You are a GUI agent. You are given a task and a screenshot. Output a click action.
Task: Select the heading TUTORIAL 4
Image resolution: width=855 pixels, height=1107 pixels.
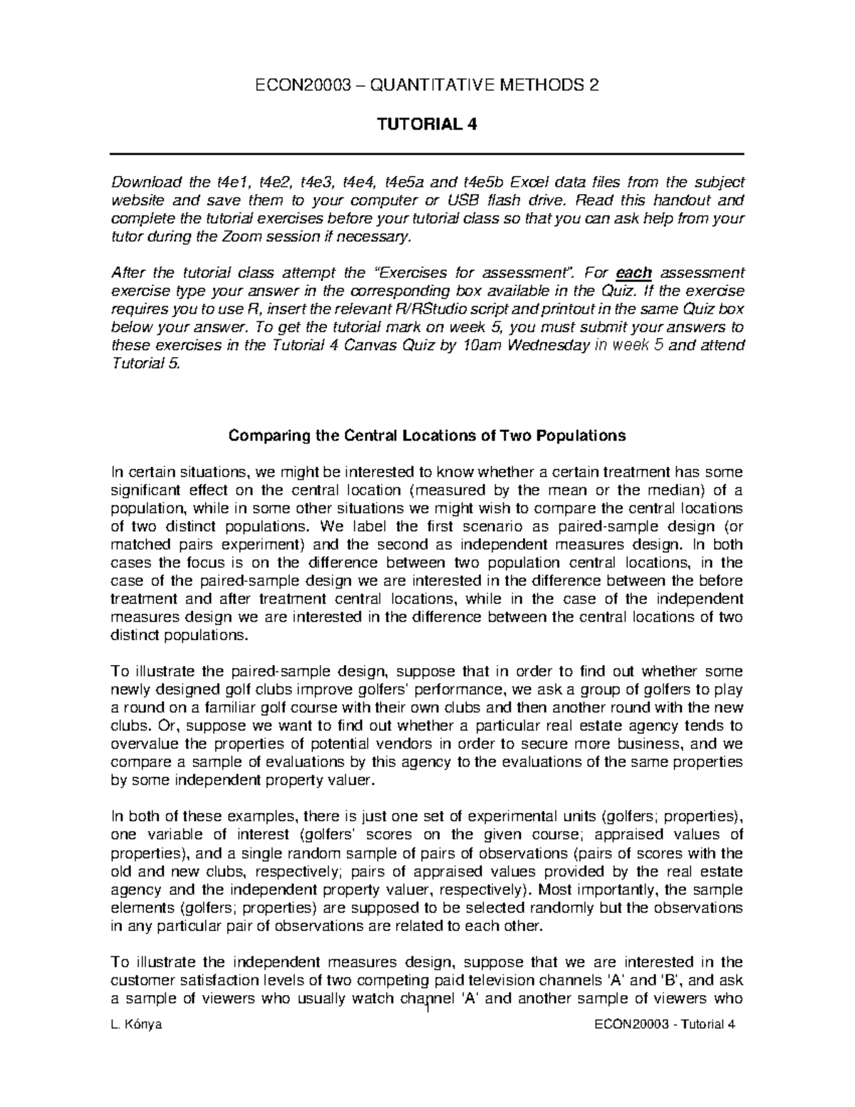coord(426,125)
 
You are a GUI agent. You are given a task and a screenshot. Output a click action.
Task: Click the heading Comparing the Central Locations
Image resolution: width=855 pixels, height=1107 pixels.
coord(426,435)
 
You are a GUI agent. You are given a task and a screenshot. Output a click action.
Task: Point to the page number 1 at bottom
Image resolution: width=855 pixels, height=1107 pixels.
coord(427,1012)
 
